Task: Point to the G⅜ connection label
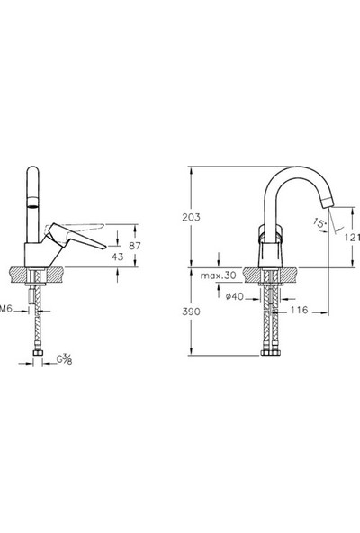66,361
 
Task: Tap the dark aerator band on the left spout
34,206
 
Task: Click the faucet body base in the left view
34,257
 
